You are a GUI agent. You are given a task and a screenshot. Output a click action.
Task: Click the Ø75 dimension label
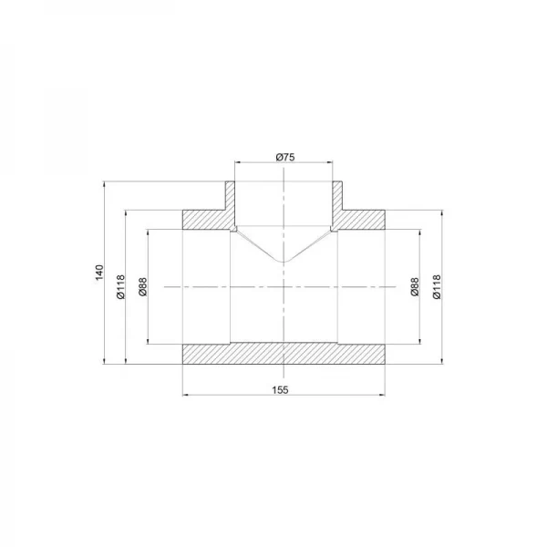(x=285, y=158)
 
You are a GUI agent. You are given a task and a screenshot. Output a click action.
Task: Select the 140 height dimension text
(x=98, y=273)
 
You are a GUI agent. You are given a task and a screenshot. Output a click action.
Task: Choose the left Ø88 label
(x=142, y=287)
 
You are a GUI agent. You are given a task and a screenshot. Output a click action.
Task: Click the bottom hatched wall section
(x=284, y=354)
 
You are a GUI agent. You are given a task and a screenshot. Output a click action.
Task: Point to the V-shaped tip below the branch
(x=284, y=263)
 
